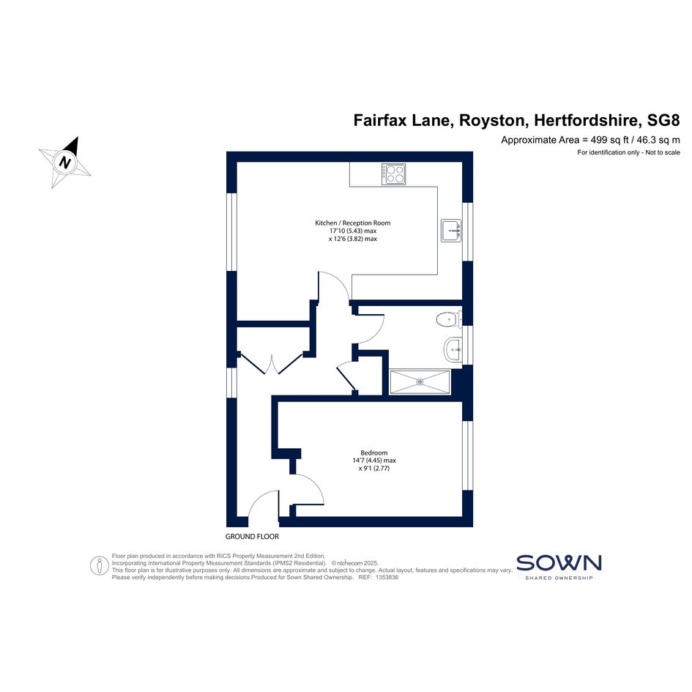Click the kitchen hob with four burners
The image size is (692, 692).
(x=394, y=174)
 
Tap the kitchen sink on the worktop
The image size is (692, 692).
(x=451, y=231)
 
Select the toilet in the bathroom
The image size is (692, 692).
(x=448, y=319)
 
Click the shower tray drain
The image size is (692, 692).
(x=420, y=382)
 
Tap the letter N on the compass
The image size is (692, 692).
(x=65, y=163)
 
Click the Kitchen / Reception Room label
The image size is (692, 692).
(x=353, y=223)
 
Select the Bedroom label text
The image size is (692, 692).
(x=373, y=453)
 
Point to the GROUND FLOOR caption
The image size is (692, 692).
(x=252, y=537)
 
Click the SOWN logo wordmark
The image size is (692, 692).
(x=559, y=562)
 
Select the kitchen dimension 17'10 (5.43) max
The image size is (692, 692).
(x=353, y=231)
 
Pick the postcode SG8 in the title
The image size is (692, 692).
(x=663, y=120)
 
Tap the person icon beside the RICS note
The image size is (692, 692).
(x=100, y=565)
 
